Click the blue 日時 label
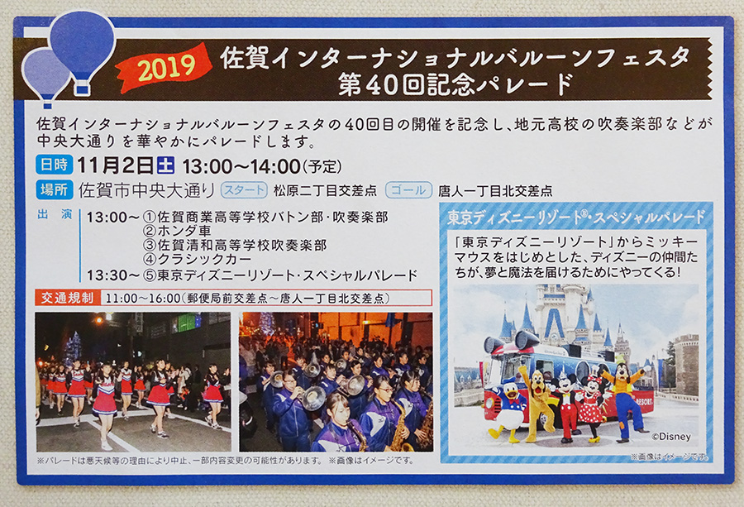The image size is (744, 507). tap(54, 165)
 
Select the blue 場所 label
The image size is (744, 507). tap(54, 190)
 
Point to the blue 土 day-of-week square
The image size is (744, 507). tap(165, 165)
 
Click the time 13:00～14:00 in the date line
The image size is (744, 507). tap(241, 166)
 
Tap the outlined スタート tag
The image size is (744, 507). tap(243, 190)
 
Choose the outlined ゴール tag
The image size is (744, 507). tap(408, 190)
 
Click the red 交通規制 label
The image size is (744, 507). tap(67, 298)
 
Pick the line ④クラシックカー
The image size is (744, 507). tap(198, 259)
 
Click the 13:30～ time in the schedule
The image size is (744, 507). tap(113, 275)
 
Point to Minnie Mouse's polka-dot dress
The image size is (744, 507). tap(589, 409)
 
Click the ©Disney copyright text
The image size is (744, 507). tap(671, 436)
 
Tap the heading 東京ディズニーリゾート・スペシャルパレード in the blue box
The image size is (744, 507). tap(576, 218)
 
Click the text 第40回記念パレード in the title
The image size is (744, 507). tap(455, 84)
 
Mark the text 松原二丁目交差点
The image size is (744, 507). tap(325, 191)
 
